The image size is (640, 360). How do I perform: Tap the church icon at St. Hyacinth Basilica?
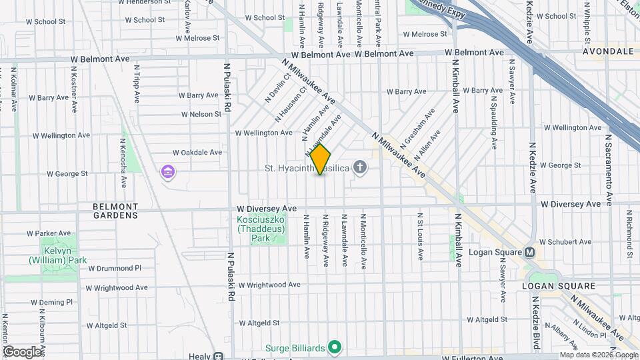[x=361, y=167]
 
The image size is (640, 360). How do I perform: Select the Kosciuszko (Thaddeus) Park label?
[x=261, y=228]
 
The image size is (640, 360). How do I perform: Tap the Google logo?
[x=21, y=351]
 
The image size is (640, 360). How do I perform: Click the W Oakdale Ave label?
[x=197, y=152]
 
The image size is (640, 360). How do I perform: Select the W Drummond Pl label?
[x=115, y=268]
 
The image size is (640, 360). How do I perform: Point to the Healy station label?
[x=200, y=357]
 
